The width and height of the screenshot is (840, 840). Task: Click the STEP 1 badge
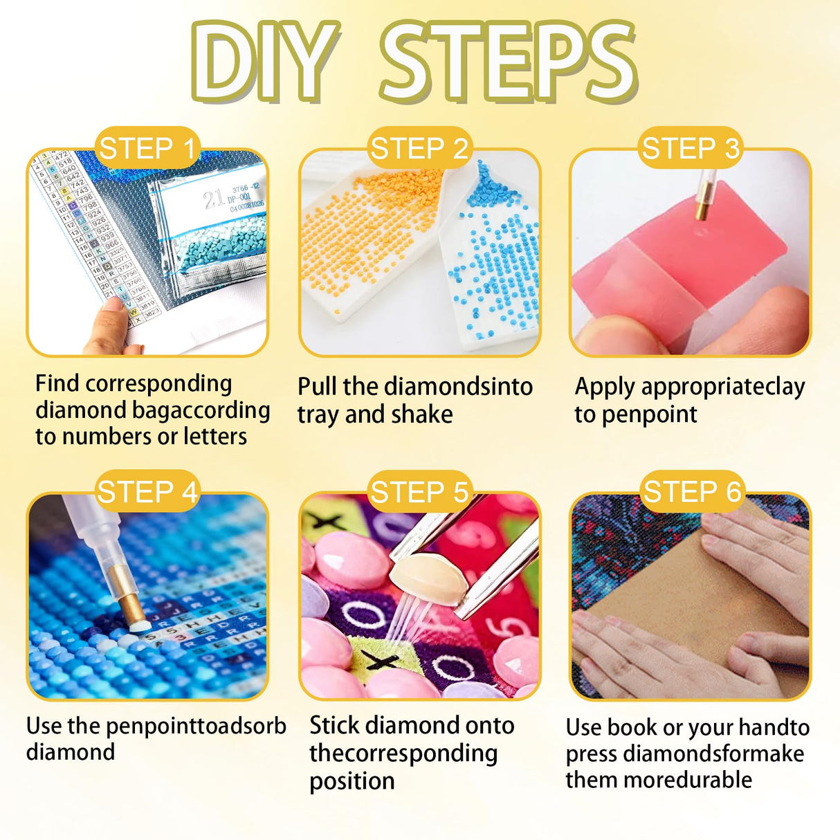[147, 148]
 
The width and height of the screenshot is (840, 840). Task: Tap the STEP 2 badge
[419, 148]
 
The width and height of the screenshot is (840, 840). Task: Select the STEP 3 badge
[691, 148]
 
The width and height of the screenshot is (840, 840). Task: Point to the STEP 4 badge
[147, 491]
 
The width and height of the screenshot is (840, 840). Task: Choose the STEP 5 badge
[419, 492]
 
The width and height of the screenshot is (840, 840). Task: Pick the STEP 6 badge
[692, 492]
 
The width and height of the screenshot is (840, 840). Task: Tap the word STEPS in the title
[509, 61]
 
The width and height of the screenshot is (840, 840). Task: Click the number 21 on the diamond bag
[214, 199]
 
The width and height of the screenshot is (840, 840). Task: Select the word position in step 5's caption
[351, 782]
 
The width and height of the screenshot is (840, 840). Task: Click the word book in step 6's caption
[632, 727]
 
